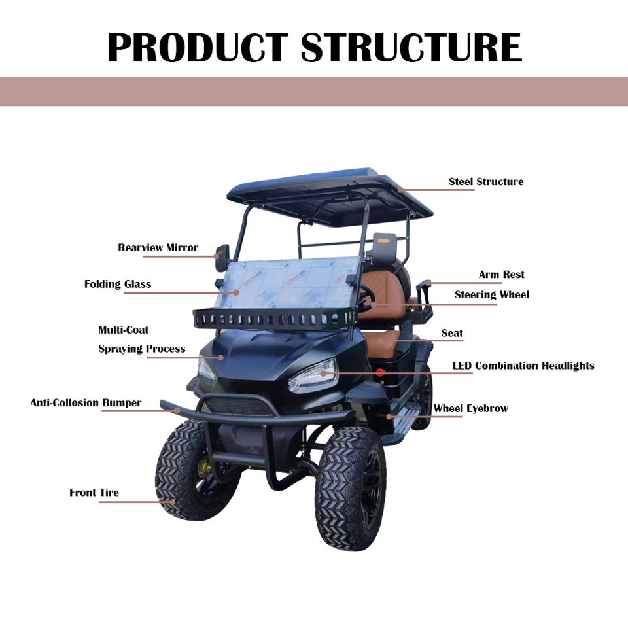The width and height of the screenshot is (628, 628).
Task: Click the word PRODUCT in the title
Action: coord(198,47)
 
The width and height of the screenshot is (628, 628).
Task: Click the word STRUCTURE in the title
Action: coord(411,47)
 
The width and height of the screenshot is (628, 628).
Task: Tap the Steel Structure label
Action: coord(486,181)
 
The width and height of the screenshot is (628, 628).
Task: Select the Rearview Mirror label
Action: coord(158,247)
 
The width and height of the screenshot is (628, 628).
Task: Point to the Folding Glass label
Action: coord(118,284)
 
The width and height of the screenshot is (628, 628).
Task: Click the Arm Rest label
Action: coord(502,274)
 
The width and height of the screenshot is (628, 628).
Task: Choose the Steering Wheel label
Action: coord(492,295)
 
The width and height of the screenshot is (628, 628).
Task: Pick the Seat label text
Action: coord(452,333)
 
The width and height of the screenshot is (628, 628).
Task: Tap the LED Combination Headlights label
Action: coord(523,366)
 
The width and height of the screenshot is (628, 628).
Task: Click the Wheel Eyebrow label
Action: coord(470,408)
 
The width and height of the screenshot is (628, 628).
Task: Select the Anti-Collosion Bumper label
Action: coord(86,402)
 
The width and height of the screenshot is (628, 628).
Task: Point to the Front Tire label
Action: coord(94,492)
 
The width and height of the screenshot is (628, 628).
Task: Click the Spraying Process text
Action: coord(142,349)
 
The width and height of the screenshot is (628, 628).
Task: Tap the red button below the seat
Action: coord(379,373)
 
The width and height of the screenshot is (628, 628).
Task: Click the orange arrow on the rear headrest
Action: coord(384,241)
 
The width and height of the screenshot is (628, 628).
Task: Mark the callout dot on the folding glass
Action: coord(236,293)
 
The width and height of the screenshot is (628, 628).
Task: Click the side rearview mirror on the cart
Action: coord(222,257)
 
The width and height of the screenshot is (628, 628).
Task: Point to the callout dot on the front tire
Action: coord(173,502)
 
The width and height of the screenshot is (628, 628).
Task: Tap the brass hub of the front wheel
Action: coord(205,467)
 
